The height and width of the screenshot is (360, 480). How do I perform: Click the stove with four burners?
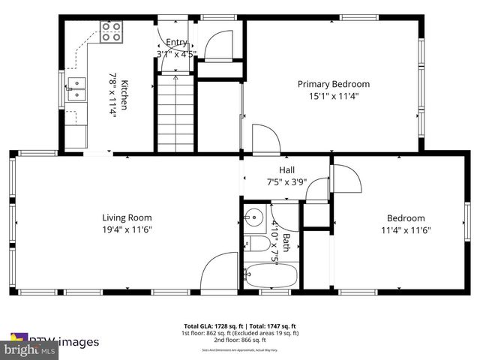112,31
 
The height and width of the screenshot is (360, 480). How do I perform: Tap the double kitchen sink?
76,88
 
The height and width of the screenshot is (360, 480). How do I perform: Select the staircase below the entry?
175,112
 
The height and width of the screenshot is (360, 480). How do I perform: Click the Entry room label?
176,43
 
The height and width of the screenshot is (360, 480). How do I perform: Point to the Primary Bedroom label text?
334,84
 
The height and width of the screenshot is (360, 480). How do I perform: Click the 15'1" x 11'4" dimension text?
334,95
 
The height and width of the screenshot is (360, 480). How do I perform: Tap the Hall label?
286,169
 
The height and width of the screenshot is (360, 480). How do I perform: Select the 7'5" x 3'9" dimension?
286,181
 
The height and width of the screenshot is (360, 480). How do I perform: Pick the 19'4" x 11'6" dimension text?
127,229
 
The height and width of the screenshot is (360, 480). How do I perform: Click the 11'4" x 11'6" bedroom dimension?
405,230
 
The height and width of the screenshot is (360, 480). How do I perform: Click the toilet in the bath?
255,244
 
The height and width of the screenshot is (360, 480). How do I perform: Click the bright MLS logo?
30,349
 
